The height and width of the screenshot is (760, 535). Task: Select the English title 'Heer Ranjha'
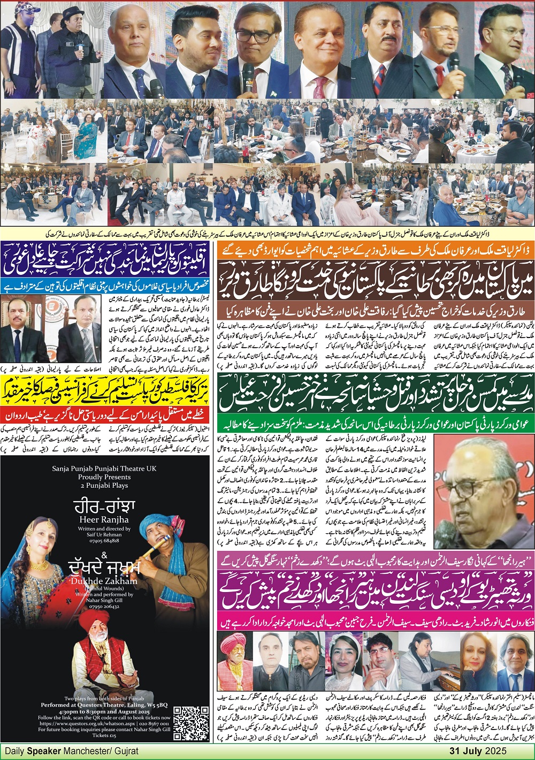click(x=104, y=519)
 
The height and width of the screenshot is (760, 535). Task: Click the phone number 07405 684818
click(x=104, y=541)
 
